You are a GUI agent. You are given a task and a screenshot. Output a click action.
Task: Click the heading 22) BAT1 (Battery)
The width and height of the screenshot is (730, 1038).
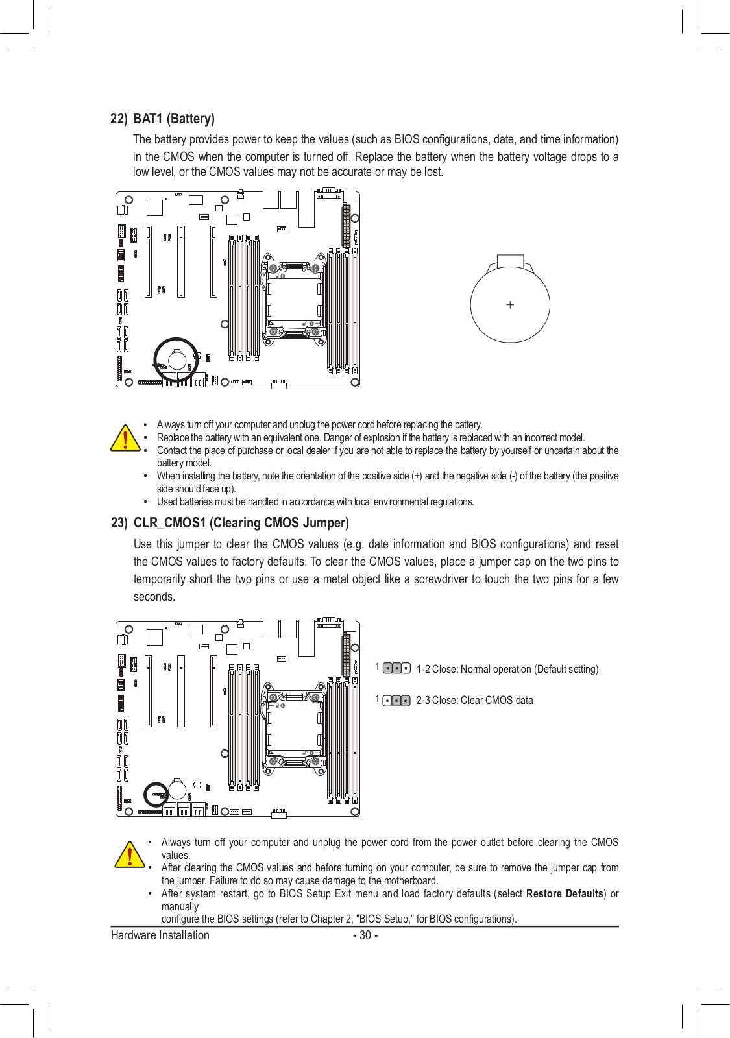point(162,119)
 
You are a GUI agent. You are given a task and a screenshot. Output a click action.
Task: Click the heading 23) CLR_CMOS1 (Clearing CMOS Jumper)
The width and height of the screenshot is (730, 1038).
point(230,523)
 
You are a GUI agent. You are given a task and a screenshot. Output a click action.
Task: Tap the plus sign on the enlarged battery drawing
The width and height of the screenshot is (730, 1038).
point(510,304)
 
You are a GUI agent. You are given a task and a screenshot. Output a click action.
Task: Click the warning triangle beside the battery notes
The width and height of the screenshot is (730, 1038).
point(125,438)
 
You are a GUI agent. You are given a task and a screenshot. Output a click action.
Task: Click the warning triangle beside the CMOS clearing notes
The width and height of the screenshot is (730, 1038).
point(130,854)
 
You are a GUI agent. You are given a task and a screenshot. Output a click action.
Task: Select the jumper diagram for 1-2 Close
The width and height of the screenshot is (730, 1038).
point(396,668)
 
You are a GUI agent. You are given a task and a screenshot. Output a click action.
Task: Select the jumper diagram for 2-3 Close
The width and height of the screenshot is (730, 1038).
point(396,701)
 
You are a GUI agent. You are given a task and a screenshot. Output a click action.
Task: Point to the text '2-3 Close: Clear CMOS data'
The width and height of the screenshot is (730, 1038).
point(474,701)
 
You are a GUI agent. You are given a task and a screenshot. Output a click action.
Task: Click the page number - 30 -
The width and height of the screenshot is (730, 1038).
point(365,935)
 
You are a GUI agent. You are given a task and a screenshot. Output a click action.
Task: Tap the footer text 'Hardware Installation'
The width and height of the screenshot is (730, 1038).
point(160,935)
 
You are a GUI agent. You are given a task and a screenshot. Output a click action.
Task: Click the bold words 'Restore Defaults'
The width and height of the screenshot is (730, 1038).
point(565,893)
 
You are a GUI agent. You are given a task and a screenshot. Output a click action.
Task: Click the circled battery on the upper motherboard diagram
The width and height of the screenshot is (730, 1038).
point(176,359)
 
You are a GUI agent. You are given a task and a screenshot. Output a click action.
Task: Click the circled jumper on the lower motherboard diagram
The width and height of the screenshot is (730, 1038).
point(156,794)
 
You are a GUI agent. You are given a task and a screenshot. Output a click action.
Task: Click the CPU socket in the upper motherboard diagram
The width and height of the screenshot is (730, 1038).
point(294,296)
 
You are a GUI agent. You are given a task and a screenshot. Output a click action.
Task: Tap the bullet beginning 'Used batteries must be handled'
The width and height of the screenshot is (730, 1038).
point(315,501)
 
